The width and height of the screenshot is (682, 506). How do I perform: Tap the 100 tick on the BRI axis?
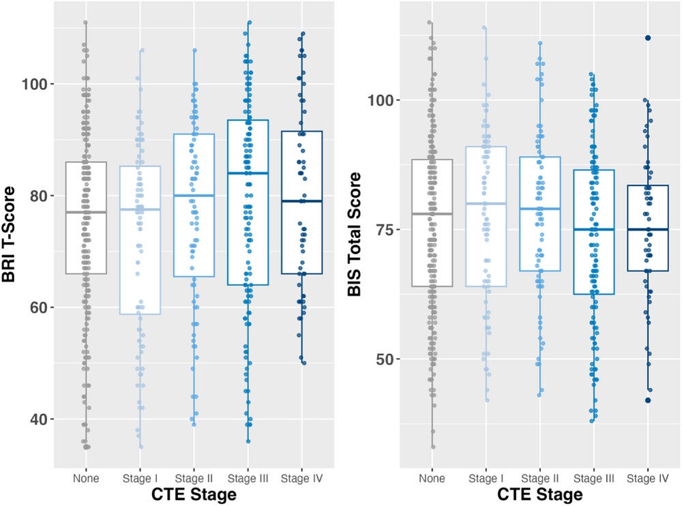click(x=41, y=84)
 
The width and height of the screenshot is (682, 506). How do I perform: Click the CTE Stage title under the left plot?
click(x=193, y=494)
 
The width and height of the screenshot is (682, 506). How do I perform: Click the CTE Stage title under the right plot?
click(x=539, y=494)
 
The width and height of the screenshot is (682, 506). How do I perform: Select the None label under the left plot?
click(x=86, y=478)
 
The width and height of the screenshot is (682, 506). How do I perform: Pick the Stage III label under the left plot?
click(x=248, y=478)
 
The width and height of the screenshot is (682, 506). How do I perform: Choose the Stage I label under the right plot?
click(x=486, y=478)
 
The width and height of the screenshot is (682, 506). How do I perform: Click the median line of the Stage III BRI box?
click(x=248, y=173)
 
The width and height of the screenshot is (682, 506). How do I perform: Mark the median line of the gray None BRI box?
click(x=86, y=212)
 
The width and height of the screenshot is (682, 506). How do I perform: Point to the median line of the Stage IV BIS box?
click(x=648, y=229)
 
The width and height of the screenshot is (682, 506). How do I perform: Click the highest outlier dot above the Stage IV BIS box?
click(x=649, y=38)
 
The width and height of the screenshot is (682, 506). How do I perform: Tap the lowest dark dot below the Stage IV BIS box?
click(x=649, y=400)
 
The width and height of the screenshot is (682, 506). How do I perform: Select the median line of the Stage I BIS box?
click(x=486, y=203)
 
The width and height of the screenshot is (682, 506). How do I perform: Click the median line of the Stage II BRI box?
click(x=194, y=196)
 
